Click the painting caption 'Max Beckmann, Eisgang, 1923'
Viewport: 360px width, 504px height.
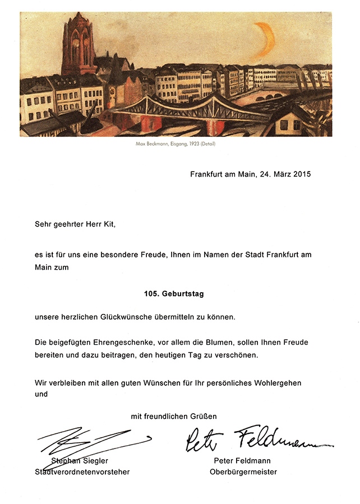tap(176, 144)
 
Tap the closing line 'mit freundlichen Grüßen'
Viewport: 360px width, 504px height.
tap(174, 416)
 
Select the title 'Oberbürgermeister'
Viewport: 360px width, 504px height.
tap(243, 471)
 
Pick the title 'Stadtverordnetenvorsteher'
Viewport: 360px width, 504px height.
tap(82, 471)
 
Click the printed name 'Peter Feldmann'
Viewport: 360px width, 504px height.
tap(242, 461)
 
